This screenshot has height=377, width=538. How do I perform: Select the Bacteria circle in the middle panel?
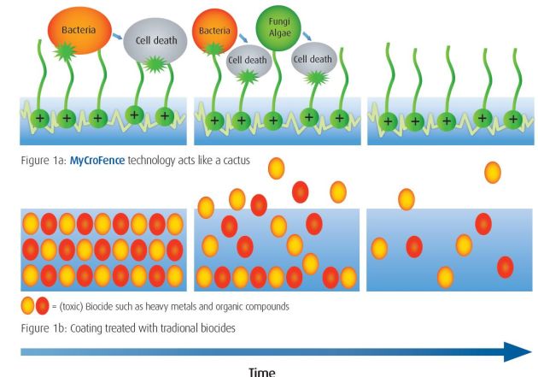215,32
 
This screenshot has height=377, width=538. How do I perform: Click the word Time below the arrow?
262,371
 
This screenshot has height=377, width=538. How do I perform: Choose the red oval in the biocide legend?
42,306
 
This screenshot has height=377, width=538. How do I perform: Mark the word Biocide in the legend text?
108,306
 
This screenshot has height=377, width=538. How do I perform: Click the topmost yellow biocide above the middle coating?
277,168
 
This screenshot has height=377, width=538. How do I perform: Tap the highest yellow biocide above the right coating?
492,172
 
